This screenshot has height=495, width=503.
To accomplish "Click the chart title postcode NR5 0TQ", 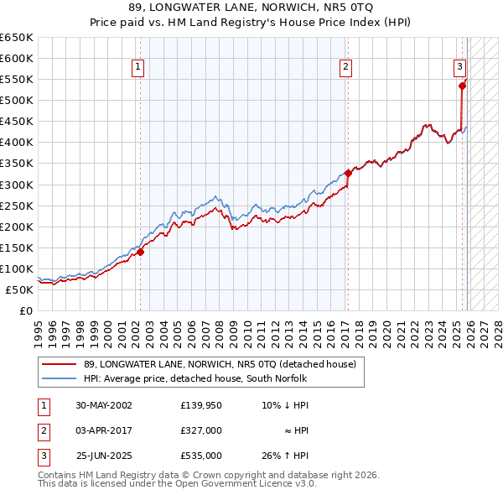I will coord(322,8).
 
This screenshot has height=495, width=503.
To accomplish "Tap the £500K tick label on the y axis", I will coord(17,100).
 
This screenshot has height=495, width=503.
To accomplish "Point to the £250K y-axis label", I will coord(17,206).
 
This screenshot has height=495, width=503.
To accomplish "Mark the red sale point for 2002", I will coord(141,251).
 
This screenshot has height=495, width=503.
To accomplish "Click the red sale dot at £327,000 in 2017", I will coord(348,173).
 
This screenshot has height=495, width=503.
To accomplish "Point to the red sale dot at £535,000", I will coord(462,86).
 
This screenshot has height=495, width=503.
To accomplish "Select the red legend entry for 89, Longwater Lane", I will coord(220,364).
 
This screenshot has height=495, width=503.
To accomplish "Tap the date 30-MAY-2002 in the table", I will coord(104,405).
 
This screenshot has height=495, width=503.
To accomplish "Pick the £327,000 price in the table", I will coord(201,430).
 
